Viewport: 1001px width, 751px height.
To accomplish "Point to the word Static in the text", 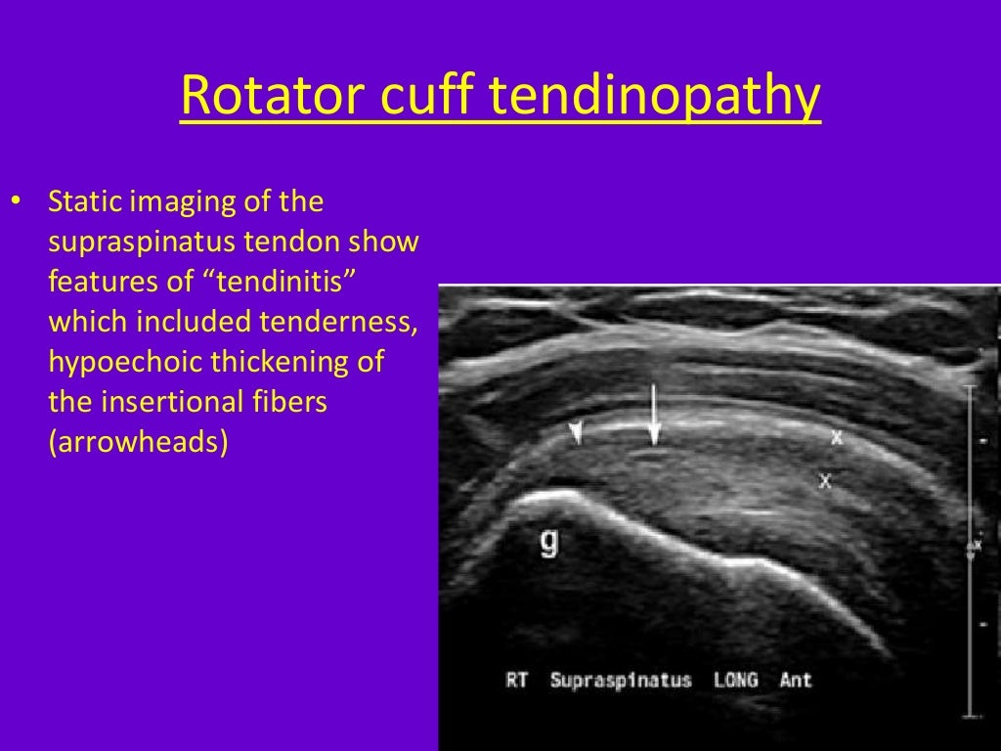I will coord(87,202).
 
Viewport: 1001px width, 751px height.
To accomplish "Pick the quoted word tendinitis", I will coord(261,282).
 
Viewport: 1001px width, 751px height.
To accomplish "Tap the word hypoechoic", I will coord(129,362).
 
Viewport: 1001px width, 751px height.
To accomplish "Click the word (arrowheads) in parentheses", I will coord(138,442).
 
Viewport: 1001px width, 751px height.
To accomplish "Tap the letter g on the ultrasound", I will coord(549,541).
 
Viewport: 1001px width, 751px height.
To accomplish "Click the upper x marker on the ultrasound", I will coord(836,437).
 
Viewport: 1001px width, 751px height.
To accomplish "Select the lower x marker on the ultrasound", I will coord(825,480).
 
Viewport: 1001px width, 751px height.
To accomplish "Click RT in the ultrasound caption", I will coord(517,680).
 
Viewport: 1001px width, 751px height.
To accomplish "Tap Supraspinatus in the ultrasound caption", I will coord(621,680).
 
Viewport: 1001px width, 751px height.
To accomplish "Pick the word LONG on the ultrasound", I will coord(734,680).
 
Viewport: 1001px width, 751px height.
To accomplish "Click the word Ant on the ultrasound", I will coord(795,680).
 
